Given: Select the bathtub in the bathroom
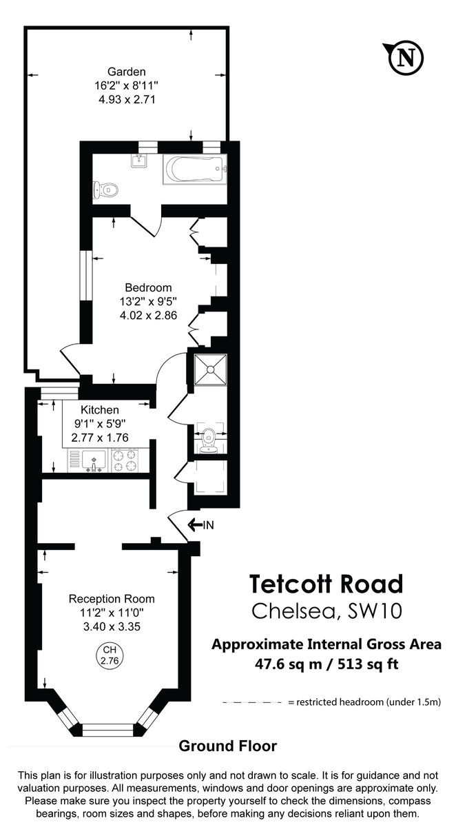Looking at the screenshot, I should pos(194,169).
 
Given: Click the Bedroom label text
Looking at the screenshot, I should pos(148,287).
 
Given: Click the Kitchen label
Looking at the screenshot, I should pos(100,410).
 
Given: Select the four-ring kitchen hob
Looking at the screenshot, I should pos(125,460).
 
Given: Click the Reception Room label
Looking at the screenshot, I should pos(111,598).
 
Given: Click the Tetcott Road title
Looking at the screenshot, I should pos(325,584).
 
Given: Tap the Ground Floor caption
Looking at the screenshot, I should pos(227,746).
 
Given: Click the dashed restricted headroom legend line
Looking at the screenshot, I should pos(253,702).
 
